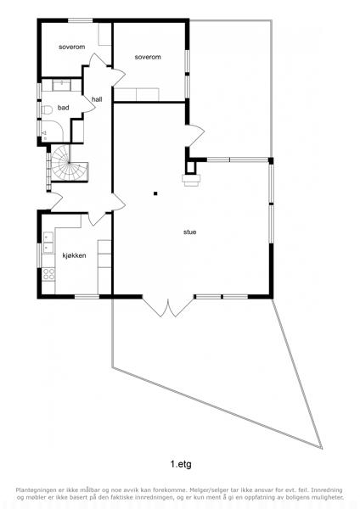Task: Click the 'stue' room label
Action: tap(189, 232)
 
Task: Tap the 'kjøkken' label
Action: tap(75, 255)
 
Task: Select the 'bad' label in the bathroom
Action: tap(64, 108)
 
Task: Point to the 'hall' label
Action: tap(97, 99)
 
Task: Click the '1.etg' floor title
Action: tap(181, 464)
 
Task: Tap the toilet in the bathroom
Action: tap(47, 110)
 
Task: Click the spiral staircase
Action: tap(69, 163)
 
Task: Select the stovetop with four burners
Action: tap(48, 274)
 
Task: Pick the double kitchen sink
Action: tap(48, 243)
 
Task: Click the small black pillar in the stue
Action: tap(155, 193)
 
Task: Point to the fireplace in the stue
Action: tap(191, 180)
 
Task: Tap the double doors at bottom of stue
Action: tap(168, 306)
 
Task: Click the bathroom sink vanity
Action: tap(61, 85)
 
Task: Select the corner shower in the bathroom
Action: tap(52, 131)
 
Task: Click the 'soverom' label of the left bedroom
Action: tap(72, 47)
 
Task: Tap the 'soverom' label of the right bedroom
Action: tap(148, 57)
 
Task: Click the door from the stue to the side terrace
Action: tap(195, 136)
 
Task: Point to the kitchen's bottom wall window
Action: tap(87, 297)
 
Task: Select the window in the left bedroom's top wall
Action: tap(81, 20)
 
